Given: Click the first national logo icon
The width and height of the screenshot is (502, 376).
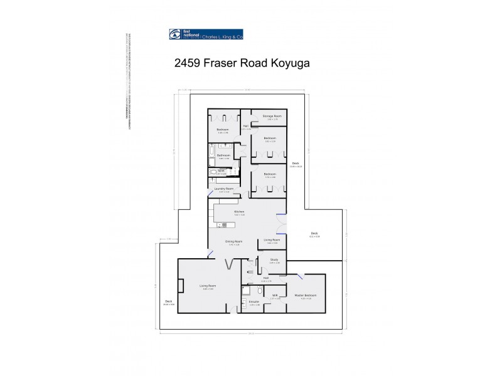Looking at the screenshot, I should (x=174, y=34).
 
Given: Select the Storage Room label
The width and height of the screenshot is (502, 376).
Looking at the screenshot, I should (x=272, y=116).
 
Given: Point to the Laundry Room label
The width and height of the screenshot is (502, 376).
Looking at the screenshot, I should (x=224, y=189).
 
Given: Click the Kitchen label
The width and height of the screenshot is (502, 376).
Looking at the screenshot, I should (x=239, y=212).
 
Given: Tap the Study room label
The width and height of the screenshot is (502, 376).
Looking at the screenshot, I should (x=274, y=259).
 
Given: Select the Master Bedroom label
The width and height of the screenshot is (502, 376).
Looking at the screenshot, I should (x=306, y=295).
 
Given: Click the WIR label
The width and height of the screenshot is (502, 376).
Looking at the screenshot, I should (x=274, y=295).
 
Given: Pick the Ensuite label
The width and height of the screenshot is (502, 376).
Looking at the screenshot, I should (x=254, y=302).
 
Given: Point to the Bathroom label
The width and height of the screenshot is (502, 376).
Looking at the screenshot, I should (x=224, y=155).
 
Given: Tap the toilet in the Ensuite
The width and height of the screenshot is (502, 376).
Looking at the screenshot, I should (x=259, y=290).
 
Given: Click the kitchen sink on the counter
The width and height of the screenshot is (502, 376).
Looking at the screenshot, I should (x=222, y=224).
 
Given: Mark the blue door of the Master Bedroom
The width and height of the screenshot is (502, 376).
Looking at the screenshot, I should (x=302, y=276).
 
